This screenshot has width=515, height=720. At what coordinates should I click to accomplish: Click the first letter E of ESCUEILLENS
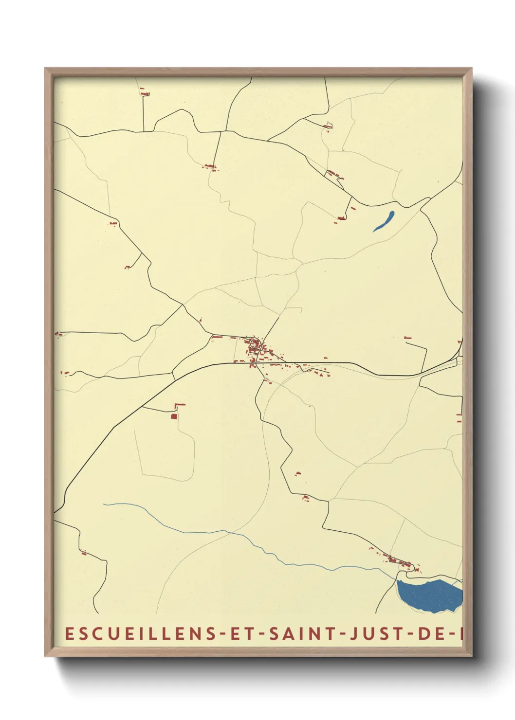69,633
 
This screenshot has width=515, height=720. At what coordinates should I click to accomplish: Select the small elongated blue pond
384,221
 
